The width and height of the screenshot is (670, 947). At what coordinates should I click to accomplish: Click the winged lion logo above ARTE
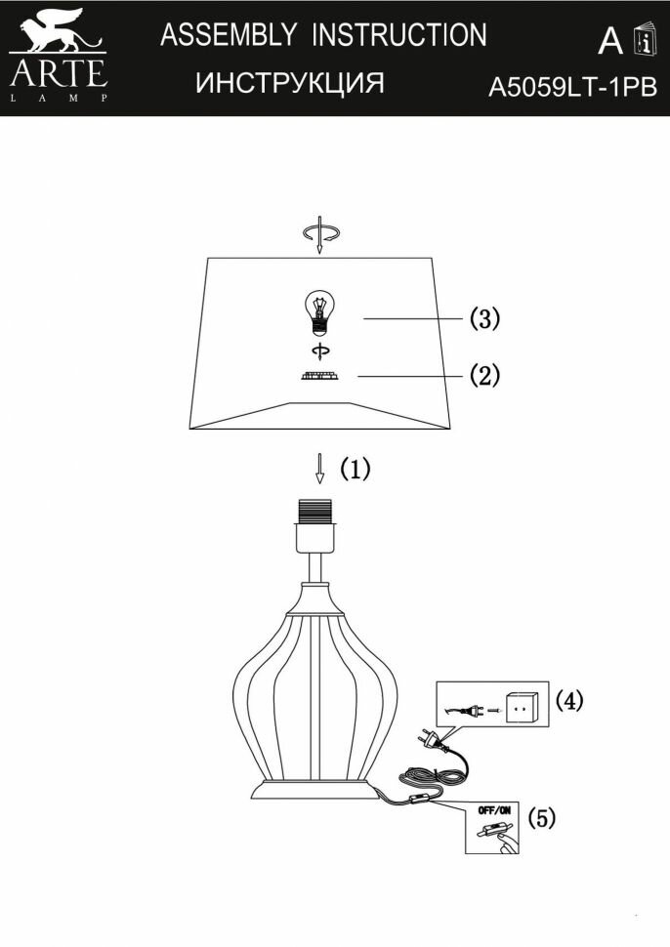pos(57,33)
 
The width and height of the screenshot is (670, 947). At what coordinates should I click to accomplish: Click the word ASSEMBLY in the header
pos(228,36)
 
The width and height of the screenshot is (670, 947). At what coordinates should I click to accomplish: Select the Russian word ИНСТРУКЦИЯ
pos(290,84)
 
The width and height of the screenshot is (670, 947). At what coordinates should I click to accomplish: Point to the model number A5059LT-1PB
pos(571,89)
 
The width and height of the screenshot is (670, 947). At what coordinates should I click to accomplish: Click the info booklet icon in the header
pos(644,38)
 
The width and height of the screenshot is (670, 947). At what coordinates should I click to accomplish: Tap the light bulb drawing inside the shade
pos(318,314)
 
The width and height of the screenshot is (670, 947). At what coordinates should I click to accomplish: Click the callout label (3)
pos(484,318)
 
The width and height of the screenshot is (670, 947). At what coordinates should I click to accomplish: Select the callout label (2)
pos(484,375)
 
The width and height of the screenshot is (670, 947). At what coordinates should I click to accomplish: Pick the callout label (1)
pos(356,470)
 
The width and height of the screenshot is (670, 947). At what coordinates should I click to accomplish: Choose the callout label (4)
pos(569,700)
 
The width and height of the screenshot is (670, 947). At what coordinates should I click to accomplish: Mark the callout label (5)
pos(542,818)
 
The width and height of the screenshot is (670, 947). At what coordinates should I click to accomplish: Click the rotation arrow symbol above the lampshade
pos(320,233)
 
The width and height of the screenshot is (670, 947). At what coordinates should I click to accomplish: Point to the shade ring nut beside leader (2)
pos(318,377)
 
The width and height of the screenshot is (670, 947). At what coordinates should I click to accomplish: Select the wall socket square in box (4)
pos(522,705)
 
